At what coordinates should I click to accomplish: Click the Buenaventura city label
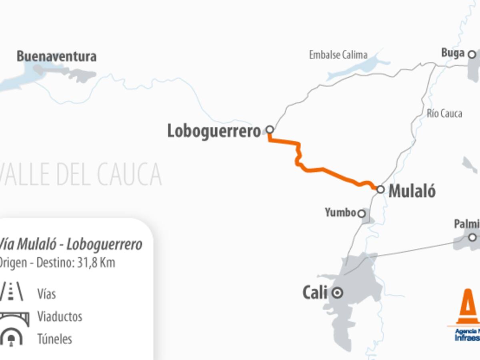click(56, 56)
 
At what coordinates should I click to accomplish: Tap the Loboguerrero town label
click(214, 131)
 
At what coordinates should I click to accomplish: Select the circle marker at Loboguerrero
click(270, 129)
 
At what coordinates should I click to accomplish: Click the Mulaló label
click(412, 191)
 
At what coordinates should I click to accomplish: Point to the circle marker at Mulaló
click(380, 189)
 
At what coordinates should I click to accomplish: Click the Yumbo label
click(340, 213)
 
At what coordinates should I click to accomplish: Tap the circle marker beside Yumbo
click(362, 214)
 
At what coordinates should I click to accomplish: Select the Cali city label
click(314, 293)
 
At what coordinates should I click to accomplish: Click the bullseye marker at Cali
click(338, 293)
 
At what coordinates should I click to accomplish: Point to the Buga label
click(453, 53)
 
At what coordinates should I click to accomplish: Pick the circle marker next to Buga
click(472, 54)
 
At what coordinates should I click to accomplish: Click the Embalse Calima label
click(338, 55)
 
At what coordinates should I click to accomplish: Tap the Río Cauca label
click(444, 114)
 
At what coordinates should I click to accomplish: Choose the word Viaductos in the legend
click(60, 316)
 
